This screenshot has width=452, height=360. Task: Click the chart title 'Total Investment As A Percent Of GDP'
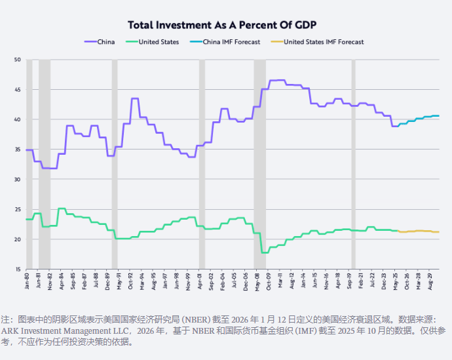coord(222,25)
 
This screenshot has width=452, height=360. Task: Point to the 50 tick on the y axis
coord(18,60)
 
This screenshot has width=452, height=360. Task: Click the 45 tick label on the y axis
coord(18,90)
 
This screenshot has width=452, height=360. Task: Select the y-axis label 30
coord(18,179)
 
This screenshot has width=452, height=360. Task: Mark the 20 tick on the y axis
coord(18,239)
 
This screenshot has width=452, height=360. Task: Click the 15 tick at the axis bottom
coord(18,269)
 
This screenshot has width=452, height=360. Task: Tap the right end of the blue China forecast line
coord(438,116)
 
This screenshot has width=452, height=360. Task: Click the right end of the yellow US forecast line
coord(438,232)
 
